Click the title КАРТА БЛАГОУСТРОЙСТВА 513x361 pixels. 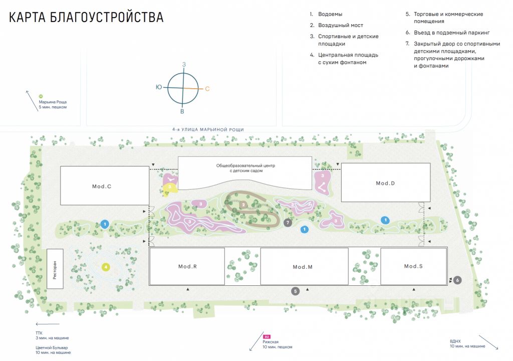(86, 17)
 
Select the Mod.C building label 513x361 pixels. (101, 187)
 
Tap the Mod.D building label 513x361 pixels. (385, 183)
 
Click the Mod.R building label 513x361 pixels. (187, 266)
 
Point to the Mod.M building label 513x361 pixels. (303, 267)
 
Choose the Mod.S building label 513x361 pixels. (413, 266)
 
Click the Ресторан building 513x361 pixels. (55, 268)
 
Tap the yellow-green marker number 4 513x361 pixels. (106, 267)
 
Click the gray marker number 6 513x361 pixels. (458, 280)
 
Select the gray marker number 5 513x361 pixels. (296, 291)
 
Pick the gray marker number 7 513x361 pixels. (288, 222)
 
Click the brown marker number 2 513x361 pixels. (243, 205)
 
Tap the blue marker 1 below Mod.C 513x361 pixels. (105, 224)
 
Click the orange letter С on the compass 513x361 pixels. (207, 89)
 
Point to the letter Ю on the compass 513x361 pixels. (159, 87)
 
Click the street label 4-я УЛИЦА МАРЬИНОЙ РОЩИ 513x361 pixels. (208, 129)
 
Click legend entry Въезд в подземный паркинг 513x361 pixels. (451, 33)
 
